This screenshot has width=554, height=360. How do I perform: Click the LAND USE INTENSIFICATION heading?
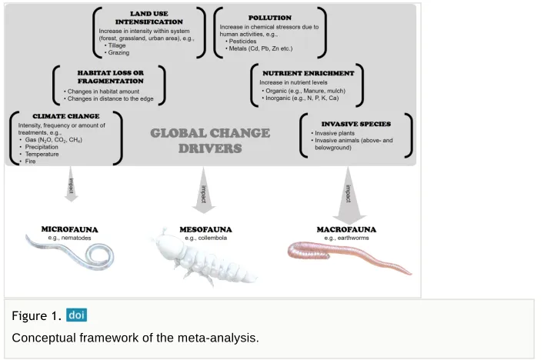pyautogui.click(x=149, y=18)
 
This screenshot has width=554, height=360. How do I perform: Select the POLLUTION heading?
pyautogui.click(x=270, y=18)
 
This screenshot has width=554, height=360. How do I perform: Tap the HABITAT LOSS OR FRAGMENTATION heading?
pyautogui.click(x=111, y=77)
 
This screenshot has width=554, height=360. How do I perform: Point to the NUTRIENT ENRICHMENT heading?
pyautogui.click(x=308, y=73)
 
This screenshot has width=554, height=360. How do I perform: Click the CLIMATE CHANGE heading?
pyautogui.click(x=66, y=116)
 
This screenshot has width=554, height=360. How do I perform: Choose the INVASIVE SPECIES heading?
pyautogui.click(x=355, y=124)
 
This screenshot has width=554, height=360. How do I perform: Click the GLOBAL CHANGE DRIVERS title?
pyautogui.click(x=210, y=140)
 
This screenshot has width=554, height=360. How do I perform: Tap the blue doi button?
pyautogui.click(x=76, y=315)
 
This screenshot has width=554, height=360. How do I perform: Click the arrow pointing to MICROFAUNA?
pyautogui.click(x=71, y=184)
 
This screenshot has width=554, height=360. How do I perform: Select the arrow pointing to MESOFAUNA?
pyautogui.click(x=203, y=191)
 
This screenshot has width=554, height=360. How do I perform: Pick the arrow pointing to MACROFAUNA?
pyautogui.click(x=349, y=195)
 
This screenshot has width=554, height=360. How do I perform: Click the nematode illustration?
pyautogui.click(x=71, y=252)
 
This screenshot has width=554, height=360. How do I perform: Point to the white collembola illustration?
pyautogui.click(x=205, y=258)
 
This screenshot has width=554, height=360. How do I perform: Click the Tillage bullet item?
pyautogui.click(x=115, y=45)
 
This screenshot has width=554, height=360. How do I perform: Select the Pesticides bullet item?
pyautogui.click(x=241, y=41)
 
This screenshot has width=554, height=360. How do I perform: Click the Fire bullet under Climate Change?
pyautogui.click(x=28, y=161)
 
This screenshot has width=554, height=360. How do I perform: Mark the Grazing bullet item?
pyautogui.click(x=117, y=52)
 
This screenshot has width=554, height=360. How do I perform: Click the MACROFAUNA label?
pyautogui.click(x=346, y=229)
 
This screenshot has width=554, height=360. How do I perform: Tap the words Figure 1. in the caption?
pyautogui.click(x=36, y=315)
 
